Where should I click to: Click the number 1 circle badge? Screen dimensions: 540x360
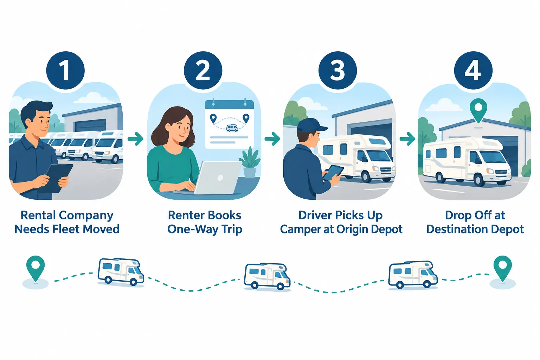pos(65,70)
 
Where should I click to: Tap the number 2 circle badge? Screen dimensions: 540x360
pos(203,70)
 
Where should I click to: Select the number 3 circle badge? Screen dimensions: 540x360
pos(337,70)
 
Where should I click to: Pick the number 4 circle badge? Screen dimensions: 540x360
pos(473,70)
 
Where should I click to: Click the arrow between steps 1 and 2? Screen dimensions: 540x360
pos(135,139)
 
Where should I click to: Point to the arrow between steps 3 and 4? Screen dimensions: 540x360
pos(407,139)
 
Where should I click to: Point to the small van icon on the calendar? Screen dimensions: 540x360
pos(232,128)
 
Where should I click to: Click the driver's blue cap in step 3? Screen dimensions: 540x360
pos(311,125)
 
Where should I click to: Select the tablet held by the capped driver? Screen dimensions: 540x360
pos(333,173)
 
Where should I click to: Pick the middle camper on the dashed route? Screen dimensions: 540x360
pos(267,277)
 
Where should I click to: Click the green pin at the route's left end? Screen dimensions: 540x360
pos(36,269)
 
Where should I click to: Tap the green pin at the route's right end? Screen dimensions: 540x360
pos(502,269)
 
